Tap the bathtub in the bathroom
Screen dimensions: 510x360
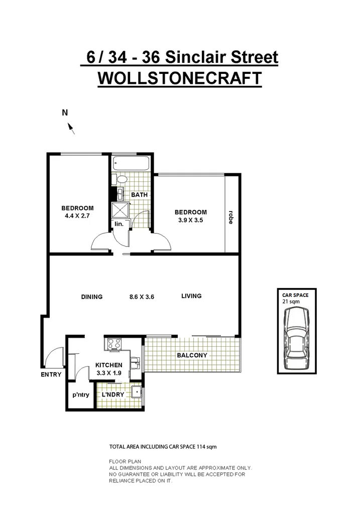click(131, 163)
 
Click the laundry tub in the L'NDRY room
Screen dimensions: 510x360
click(135, 393)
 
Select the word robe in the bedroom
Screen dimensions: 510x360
click(230, 217)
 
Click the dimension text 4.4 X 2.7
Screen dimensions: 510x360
click(78, 216)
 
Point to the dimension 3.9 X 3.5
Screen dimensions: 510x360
click(191, 220)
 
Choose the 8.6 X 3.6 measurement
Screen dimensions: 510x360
click(142, 297)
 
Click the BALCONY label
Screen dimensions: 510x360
click(192, 355)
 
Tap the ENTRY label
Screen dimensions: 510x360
click(52, 374)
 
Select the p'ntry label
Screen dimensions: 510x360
click(80, 394)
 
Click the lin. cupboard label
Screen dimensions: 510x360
click(119, 224)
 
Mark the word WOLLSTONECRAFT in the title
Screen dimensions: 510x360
click(179, 79)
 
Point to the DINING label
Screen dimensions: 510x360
click(92, 297)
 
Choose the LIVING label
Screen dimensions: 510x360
click(191, 296)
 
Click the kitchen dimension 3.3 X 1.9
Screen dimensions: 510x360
click(109, 373)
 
